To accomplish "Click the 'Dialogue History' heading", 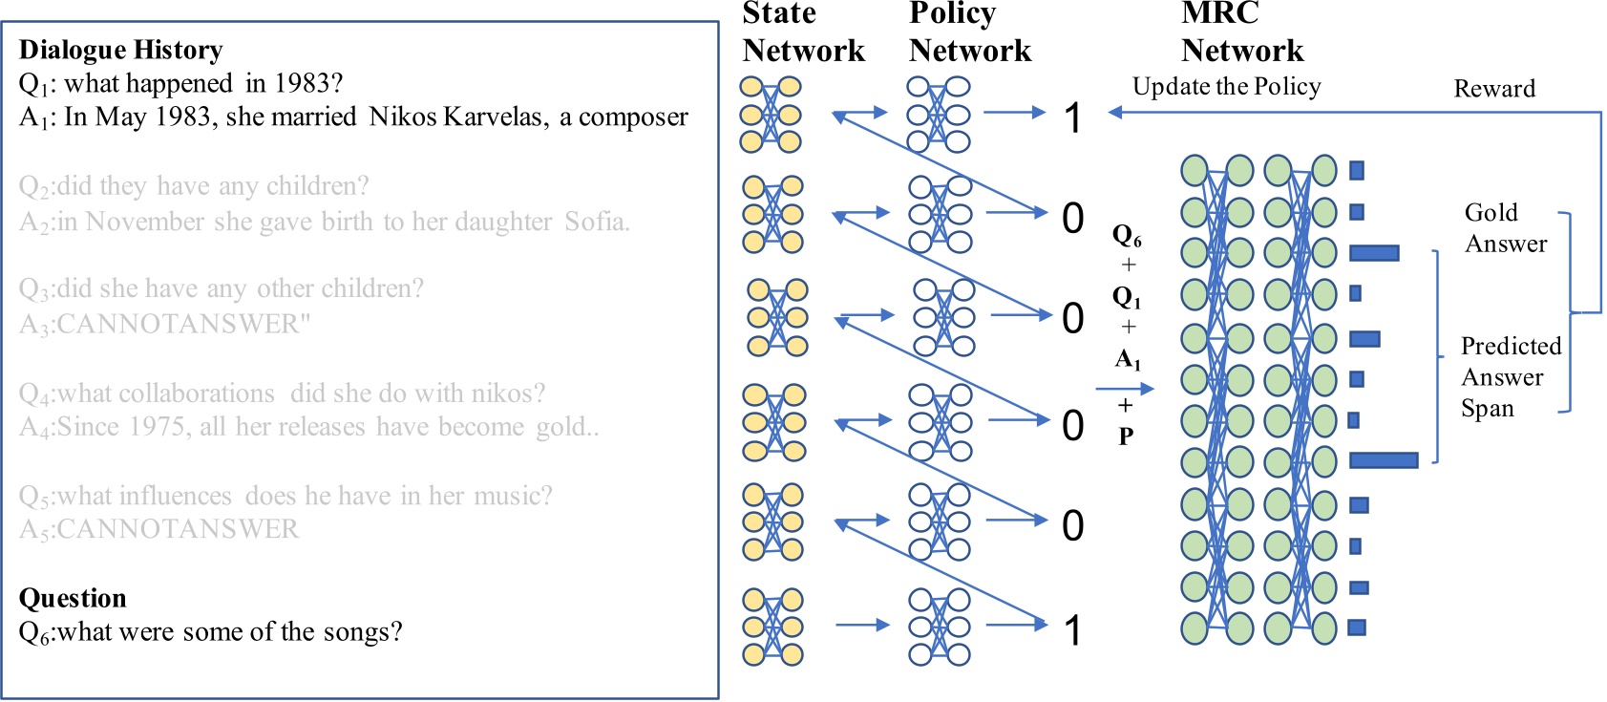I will point(120,50).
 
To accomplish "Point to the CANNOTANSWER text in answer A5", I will point(177,529).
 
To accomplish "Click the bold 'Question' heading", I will point(73,599).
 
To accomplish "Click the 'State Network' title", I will point(803,32).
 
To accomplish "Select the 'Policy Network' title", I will point(969,32).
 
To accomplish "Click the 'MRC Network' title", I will point(1241,32).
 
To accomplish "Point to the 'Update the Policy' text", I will point(1226,87).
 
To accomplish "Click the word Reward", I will point(1493,89).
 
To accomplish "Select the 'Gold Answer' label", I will point(1504,228).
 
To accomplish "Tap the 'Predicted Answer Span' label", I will point(1509,377).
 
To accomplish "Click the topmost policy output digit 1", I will point(1073,118).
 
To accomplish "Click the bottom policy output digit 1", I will point(1073,630).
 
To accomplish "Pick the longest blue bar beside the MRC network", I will point(1383,461).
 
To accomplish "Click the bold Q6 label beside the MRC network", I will point(1127,236).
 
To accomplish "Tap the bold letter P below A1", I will point(1126,436).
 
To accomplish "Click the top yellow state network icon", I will point(771,116).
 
